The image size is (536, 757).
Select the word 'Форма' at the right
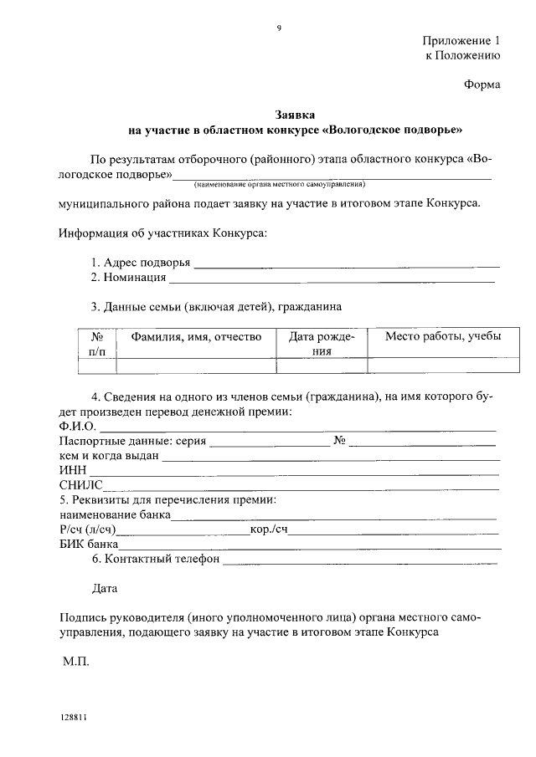point(482,84)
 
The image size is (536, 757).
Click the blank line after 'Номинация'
point(331,279)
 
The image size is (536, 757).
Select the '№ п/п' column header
point(96,344)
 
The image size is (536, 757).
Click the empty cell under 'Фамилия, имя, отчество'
point(196,366)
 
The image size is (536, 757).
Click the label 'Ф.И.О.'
point(78,427)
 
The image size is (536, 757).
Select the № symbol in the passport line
point(340,441)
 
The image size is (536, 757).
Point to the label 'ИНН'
point(72,471)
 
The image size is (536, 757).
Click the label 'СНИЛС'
point(80,485)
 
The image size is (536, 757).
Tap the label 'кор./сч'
point(269,530)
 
